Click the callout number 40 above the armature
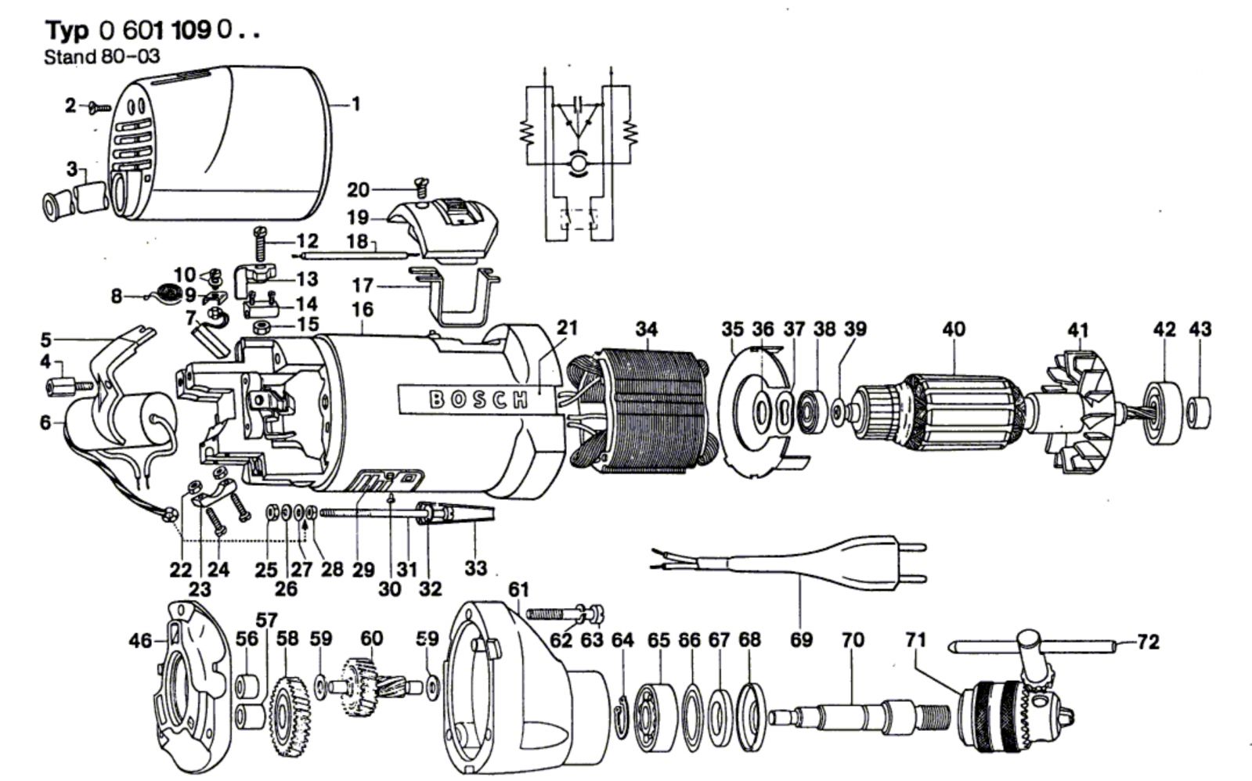[x=954, y=329]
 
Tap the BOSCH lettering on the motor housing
[x=478, y=399]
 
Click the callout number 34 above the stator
[x=646, y=329]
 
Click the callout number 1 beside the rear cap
[x=356, y=103]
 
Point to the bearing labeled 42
[x=1164, y=404]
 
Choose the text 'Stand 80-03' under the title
[x=102, y=56]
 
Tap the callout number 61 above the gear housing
[x=518, y=588]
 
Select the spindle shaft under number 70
[x=853, y=714]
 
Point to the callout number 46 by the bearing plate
[x=141, y=642]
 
